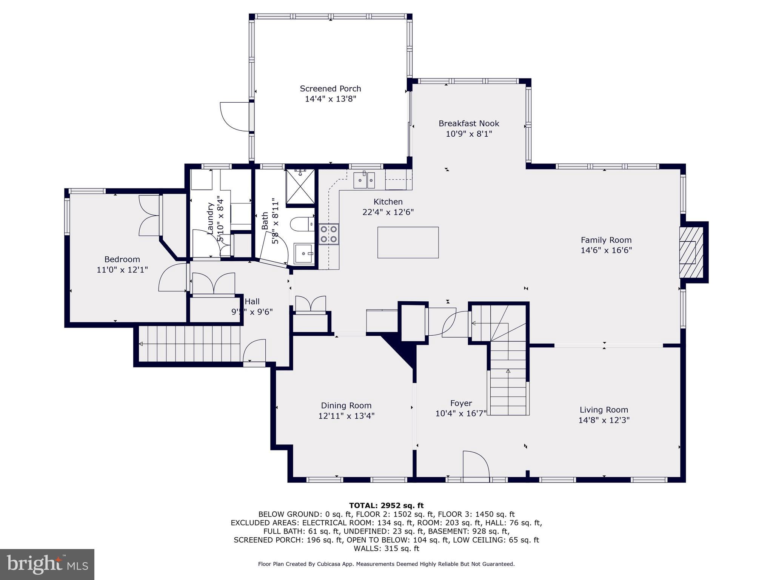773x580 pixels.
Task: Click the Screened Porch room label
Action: point(330,89)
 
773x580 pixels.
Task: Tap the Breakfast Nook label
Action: point(469,123)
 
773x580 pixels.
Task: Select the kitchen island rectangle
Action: point(408,242)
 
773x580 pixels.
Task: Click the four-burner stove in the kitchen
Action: point(329,234)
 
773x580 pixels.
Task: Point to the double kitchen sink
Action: point(364,180)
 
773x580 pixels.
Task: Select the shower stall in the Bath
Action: point(300,186)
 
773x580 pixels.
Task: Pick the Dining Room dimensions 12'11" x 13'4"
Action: point(346,416)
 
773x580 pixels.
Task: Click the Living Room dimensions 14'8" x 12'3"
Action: point(604,420)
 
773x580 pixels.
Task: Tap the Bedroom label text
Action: point(122,259)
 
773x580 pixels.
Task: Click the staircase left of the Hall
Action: point(189,344)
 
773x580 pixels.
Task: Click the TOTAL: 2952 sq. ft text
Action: point(386,506)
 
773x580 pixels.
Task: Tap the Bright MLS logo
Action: point(47,564)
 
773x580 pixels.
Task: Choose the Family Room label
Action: point(606,240)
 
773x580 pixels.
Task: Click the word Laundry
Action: point(210,219)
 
